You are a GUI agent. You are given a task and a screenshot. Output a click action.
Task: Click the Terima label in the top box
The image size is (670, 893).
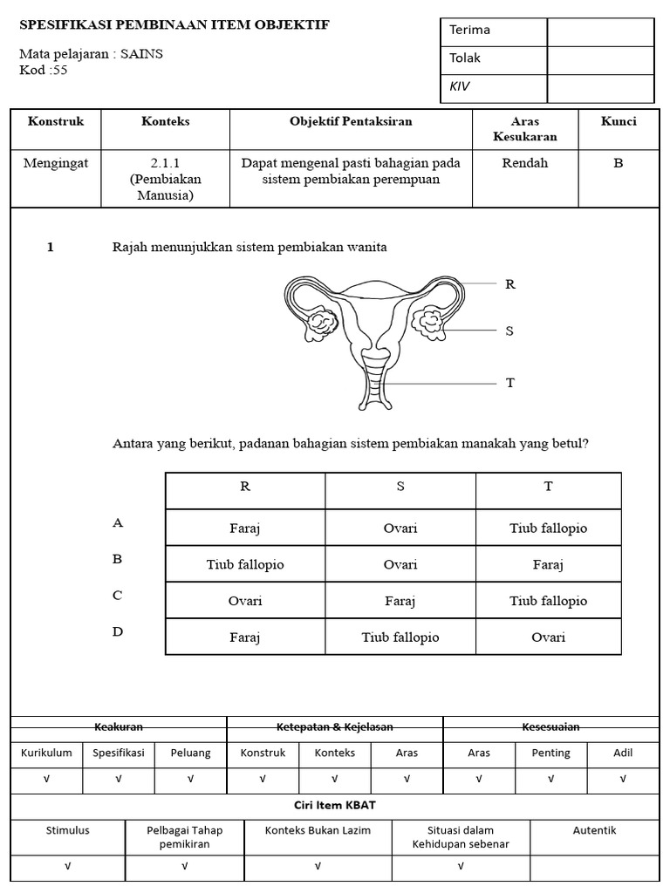point(469,31)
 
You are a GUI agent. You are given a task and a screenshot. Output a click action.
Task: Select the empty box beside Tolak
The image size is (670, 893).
point(600,59)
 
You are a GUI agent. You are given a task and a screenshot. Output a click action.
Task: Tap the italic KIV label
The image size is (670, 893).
point(460,87)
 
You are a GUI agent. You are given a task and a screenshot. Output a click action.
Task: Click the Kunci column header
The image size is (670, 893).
point(618,122)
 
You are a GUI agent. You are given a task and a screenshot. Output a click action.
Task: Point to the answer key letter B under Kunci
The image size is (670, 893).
point(618,163)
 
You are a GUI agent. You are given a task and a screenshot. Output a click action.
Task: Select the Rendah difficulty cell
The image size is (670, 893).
point(524,163)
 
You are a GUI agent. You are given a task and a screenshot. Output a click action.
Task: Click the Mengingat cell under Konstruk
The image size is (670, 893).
point(56,163)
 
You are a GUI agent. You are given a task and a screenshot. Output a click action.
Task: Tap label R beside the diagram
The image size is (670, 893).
point(510,284)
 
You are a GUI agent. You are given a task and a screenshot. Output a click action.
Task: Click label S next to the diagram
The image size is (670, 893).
point(509,331)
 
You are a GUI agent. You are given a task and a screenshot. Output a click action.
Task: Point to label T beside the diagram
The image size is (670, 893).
point(510,383)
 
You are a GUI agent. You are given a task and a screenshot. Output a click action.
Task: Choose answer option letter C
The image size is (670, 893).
point(118,596)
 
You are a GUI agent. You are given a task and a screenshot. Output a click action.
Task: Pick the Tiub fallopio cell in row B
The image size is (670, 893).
point(245,564)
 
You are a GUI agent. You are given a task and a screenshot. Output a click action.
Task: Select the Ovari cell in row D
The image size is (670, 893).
point(548,637)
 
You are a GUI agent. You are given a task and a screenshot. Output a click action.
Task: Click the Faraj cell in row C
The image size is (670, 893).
point(400,601)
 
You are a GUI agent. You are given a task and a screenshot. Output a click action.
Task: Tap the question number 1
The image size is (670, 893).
point(51,248)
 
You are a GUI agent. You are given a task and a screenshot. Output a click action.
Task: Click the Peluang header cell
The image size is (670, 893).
point(190,753)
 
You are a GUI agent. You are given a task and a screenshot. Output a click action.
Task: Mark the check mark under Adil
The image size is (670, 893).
point(623,780)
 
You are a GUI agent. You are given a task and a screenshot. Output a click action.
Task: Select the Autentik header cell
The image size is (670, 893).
point(594,831)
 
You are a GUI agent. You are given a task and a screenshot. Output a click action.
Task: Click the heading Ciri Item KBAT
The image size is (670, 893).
point(335,805)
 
